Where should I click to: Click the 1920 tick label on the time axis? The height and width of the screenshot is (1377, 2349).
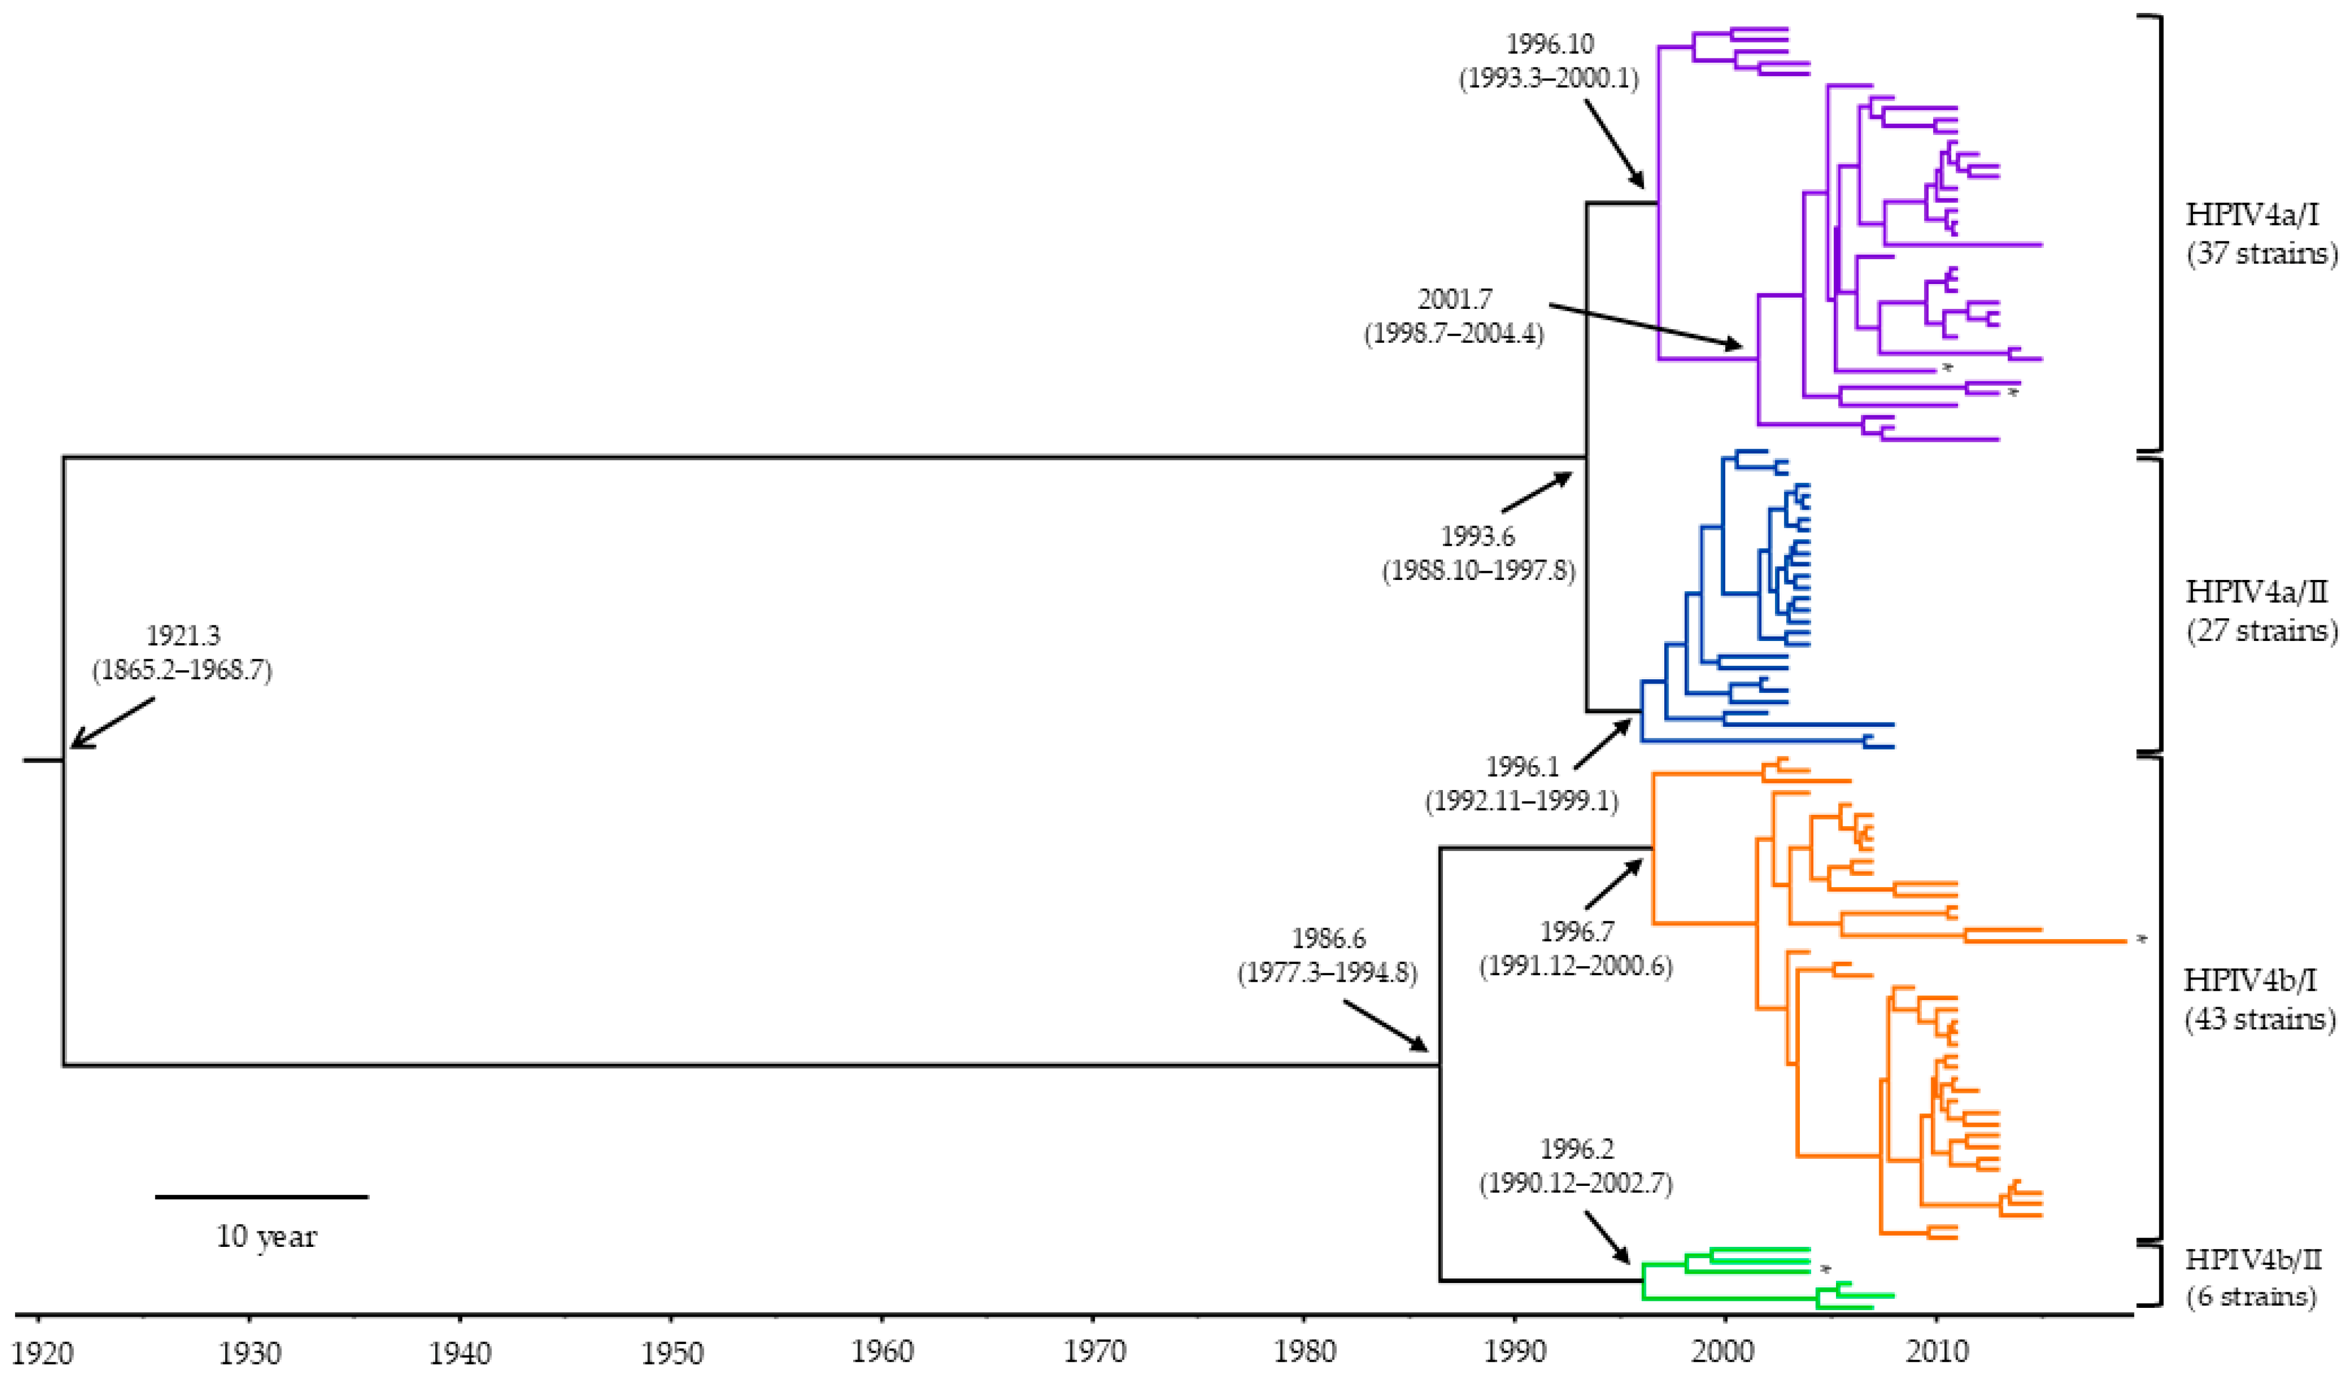tap(39, 1352)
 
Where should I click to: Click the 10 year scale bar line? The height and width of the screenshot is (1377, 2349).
tap(262, 1196)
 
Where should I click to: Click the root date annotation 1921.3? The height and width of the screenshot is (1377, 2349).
tap(183, 636)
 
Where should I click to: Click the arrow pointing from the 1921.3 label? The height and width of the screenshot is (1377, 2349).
tap(112, 723)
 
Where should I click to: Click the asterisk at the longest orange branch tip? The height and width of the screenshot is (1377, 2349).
tap(2141, 941)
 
